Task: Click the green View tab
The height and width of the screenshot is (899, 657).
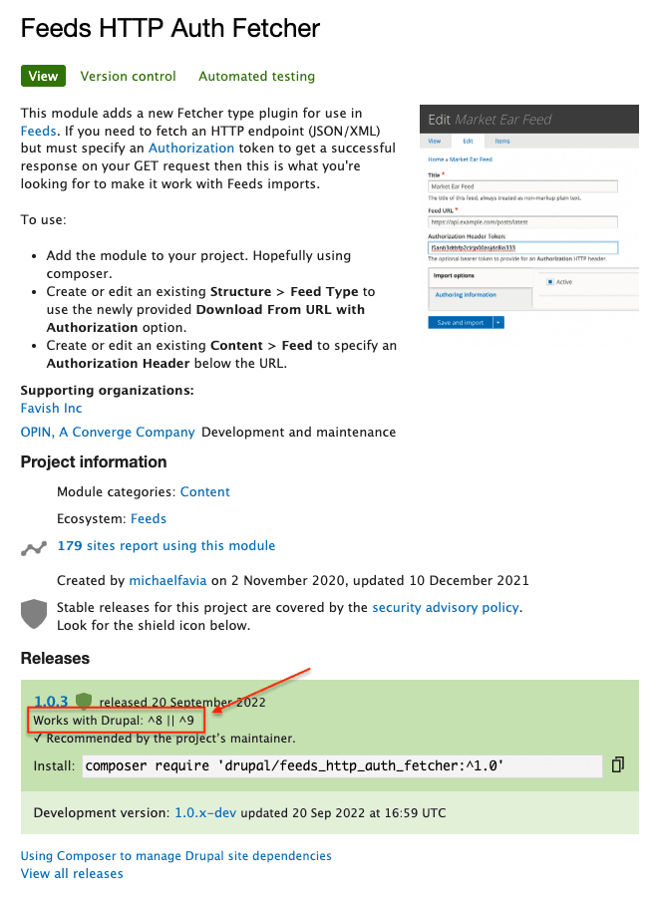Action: point(43,76)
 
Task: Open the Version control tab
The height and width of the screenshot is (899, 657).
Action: point(128,76)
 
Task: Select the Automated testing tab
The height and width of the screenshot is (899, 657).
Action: point(256,76)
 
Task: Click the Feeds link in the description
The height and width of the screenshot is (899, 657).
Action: point(39,131)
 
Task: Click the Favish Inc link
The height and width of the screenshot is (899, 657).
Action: point(51,408)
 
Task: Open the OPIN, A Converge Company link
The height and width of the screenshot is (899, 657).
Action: point(108,433)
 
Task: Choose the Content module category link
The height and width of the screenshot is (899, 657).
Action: point(204,491)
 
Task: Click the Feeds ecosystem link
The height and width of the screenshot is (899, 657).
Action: point(149,518)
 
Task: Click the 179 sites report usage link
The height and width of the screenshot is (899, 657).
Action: point(165,546)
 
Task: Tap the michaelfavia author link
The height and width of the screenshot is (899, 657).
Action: point(168,580)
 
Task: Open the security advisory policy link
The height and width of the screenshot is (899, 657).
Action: point(445,607)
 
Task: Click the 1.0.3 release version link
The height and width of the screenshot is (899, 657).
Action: point(50,701)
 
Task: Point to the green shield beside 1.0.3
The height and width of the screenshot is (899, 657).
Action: point(84,701)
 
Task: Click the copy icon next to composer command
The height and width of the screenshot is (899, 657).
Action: point(618,764)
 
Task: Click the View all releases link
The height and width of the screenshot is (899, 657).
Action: point(72,873)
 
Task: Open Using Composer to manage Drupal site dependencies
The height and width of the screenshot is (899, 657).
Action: point(175,855)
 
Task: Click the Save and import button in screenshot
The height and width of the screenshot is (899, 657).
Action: point(460,322)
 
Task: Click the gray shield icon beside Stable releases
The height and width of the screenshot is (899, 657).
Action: point(34,613)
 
